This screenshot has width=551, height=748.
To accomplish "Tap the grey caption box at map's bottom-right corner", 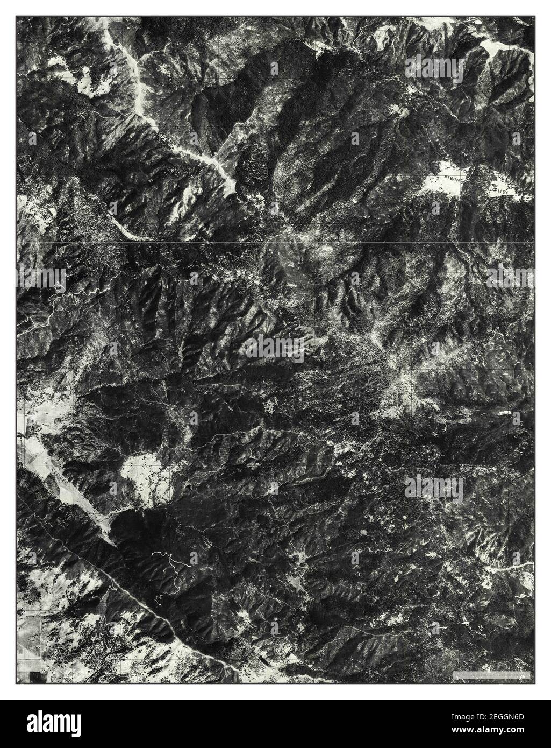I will tap(492, 674).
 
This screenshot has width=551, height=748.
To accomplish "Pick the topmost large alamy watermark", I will tap(434, 66).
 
